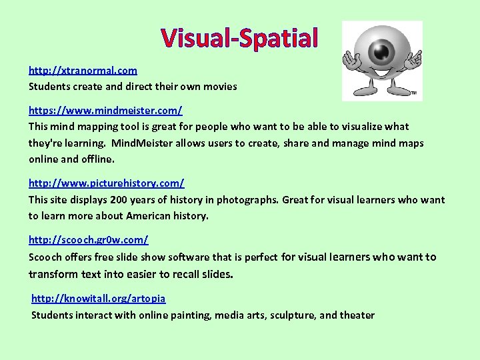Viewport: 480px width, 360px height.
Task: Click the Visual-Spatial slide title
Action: (x=240, y=38)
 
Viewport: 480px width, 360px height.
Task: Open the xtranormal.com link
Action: (x=83, y=70)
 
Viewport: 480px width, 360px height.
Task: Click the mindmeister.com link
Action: (x=105, y=109)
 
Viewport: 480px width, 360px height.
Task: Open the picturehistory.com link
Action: (x=106, y=183)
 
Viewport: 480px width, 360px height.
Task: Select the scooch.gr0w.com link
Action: (x=88, y=239)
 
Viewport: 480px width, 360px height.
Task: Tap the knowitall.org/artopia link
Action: (x=99, y=299)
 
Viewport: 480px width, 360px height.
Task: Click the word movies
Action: (x=221, y=87)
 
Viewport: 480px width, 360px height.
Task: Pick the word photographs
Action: (x=248, y=200)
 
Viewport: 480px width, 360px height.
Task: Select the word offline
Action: (x=97, y=159)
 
